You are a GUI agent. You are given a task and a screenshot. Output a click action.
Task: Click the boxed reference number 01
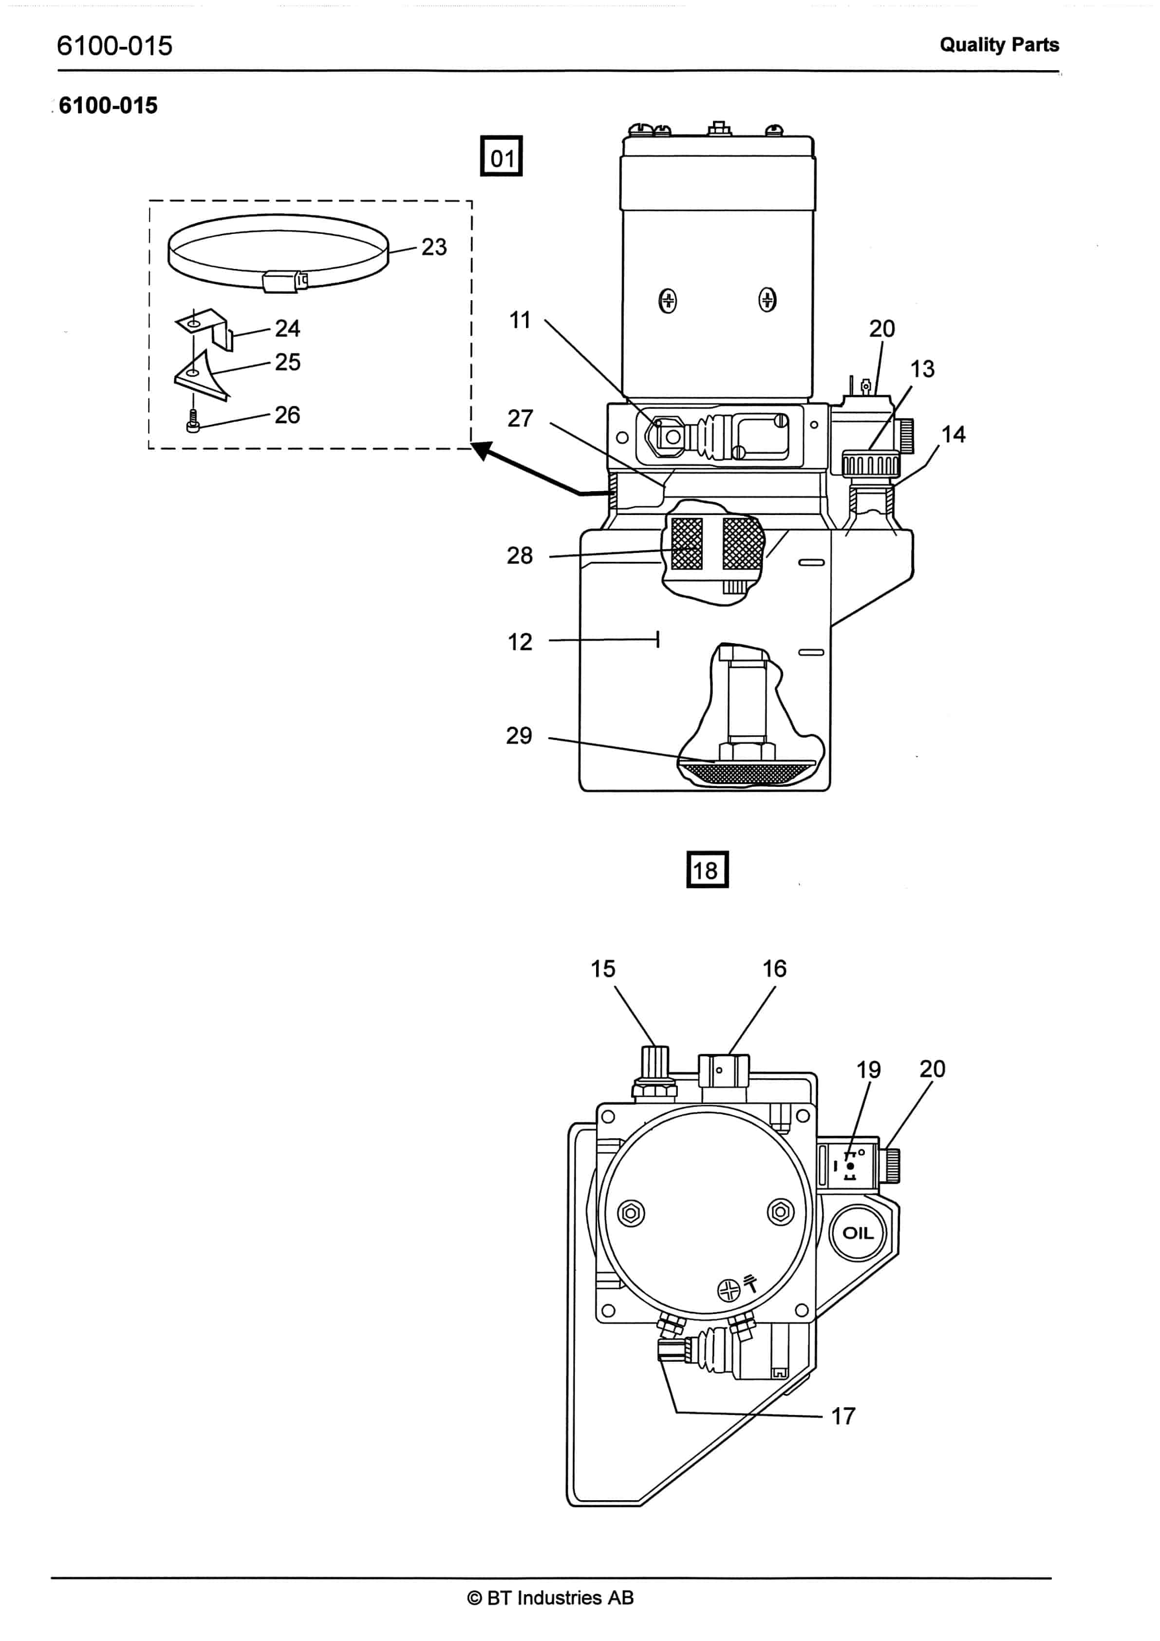coord(502,156)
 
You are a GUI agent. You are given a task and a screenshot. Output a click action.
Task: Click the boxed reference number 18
coord(707,869)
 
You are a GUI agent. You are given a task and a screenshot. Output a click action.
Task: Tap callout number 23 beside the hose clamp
coord(433,247)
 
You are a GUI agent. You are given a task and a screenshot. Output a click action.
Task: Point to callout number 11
coord(520,320)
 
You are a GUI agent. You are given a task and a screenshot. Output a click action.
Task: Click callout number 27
coord(520,418)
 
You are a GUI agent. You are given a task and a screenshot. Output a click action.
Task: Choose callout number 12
coord(520,642)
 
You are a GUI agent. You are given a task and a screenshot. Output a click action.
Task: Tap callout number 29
coord(519,735)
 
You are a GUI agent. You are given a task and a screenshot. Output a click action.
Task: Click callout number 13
coord(922,369)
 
